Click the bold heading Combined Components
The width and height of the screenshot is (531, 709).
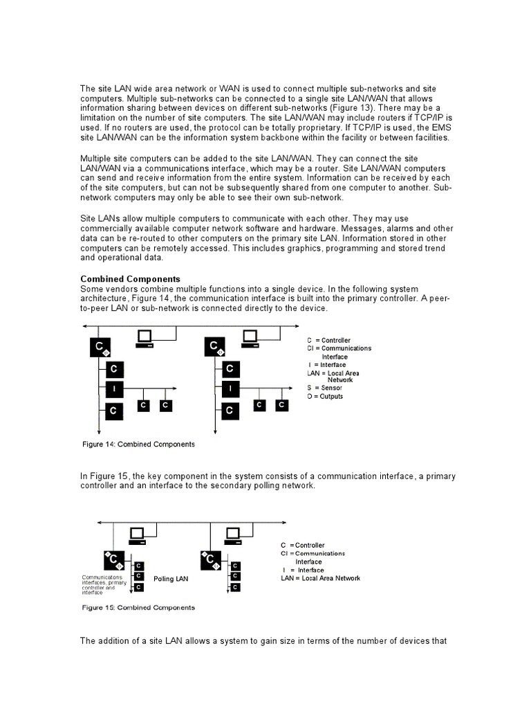[131, 279]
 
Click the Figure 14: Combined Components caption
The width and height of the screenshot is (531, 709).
[138, 444]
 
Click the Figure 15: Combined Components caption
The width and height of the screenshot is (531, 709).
[138, 607]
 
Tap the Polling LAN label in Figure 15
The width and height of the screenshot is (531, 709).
[171, 577]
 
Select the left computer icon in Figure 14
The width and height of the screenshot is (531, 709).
[145, 339]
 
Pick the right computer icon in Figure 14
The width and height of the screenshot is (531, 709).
[250, 339]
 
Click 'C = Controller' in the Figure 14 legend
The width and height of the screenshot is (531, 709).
[328, 340]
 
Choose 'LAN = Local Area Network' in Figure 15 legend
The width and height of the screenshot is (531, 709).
[320, 578]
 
